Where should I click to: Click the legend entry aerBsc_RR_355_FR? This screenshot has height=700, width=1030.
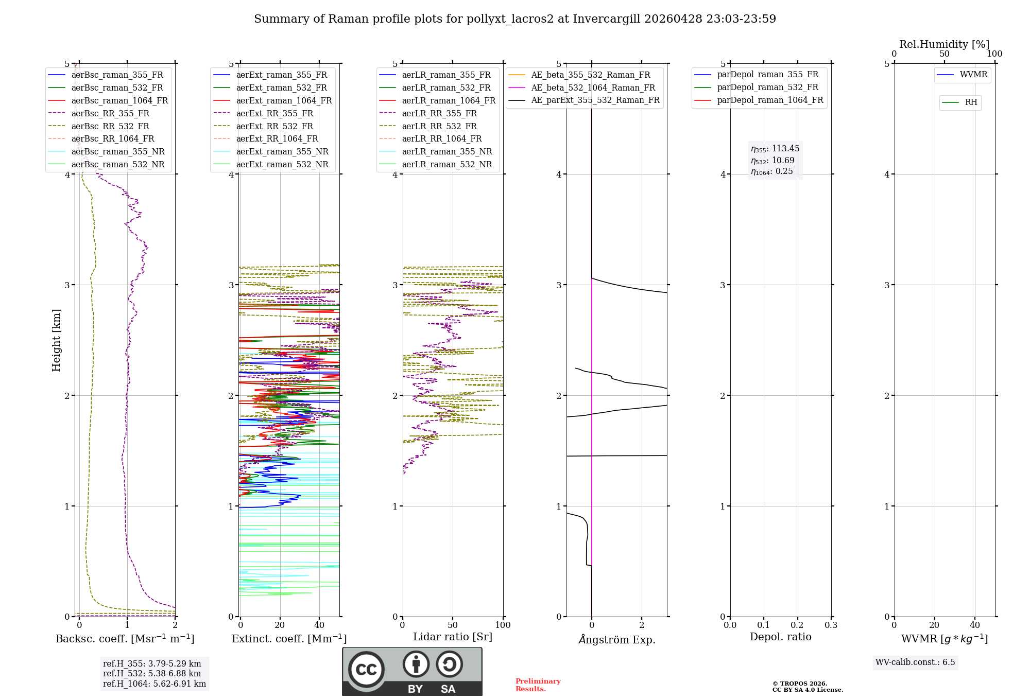110,113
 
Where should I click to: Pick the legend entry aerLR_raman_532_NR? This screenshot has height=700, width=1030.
447,165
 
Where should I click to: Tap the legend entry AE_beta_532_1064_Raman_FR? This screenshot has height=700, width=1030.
593,87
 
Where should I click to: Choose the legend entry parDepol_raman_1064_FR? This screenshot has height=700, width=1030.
770,100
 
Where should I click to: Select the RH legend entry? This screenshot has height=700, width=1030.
971,102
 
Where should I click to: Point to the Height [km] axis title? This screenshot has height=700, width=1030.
56,340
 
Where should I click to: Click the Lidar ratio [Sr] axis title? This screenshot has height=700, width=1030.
453,637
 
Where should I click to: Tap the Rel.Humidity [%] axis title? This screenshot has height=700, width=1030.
944,44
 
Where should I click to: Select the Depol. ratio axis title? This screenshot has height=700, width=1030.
780,637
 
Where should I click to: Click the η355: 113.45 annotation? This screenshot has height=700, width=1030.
775,149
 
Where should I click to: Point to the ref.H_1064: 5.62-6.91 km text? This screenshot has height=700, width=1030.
154,684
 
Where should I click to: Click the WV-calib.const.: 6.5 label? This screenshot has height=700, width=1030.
915,662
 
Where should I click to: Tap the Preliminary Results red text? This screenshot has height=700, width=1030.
538,685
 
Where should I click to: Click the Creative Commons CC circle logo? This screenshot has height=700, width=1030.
366,670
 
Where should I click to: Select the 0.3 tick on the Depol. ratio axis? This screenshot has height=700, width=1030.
831,625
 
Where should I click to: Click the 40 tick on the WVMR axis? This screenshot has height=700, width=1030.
975,625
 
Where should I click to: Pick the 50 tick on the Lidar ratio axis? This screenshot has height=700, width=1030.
453,625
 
